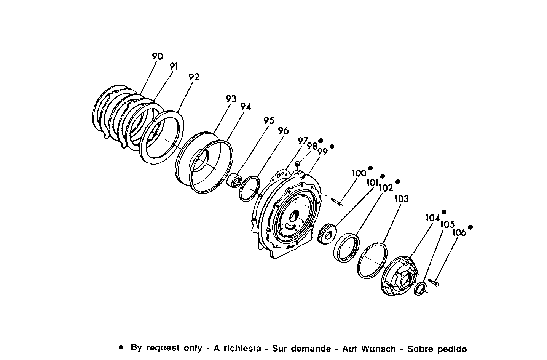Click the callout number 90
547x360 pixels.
157,56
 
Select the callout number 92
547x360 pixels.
194,77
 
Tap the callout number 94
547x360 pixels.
246,107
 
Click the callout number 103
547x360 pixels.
402,198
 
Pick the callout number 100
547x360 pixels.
359,173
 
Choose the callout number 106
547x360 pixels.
459,232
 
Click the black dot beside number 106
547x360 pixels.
470,227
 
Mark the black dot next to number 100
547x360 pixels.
370,168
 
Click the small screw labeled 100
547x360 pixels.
337,202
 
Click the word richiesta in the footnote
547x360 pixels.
242,349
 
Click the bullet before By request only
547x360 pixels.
121,347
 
